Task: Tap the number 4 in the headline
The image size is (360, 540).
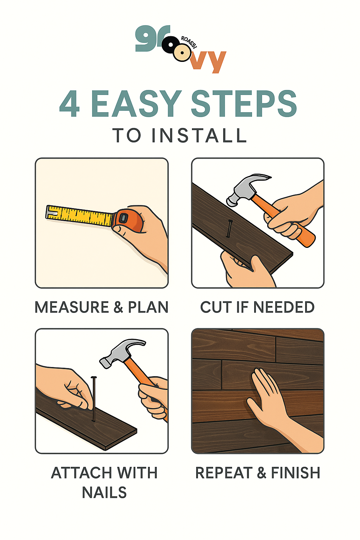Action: tap(70, 104)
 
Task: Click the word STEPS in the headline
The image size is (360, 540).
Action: tap(244, 104)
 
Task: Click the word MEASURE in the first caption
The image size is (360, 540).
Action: tap(72, 307)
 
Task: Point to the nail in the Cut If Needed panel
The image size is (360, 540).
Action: tap(230, 229)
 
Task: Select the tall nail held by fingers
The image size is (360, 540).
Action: tap(94, 399)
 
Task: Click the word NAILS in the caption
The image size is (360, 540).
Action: tap(104, 493)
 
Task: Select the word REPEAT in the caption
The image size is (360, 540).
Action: tap(224, 473)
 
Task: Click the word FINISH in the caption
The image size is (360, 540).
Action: tap(296, 473)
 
